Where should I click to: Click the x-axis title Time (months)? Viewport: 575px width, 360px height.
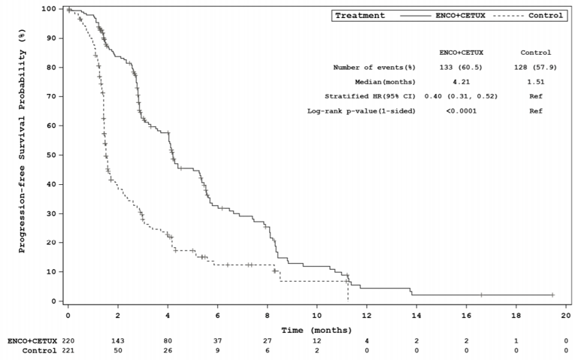coord(316,329)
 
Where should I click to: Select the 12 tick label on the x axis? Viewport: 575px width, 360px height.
coord(366,316)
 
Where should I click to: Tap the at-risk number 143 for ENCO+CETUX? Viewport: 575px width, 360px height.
coord(118,341)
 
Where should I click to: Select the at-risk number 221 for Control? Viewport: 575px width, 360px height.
coord(68,351)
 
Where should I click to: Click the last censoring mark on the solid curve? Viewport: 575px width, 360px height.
coord(552,295)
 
